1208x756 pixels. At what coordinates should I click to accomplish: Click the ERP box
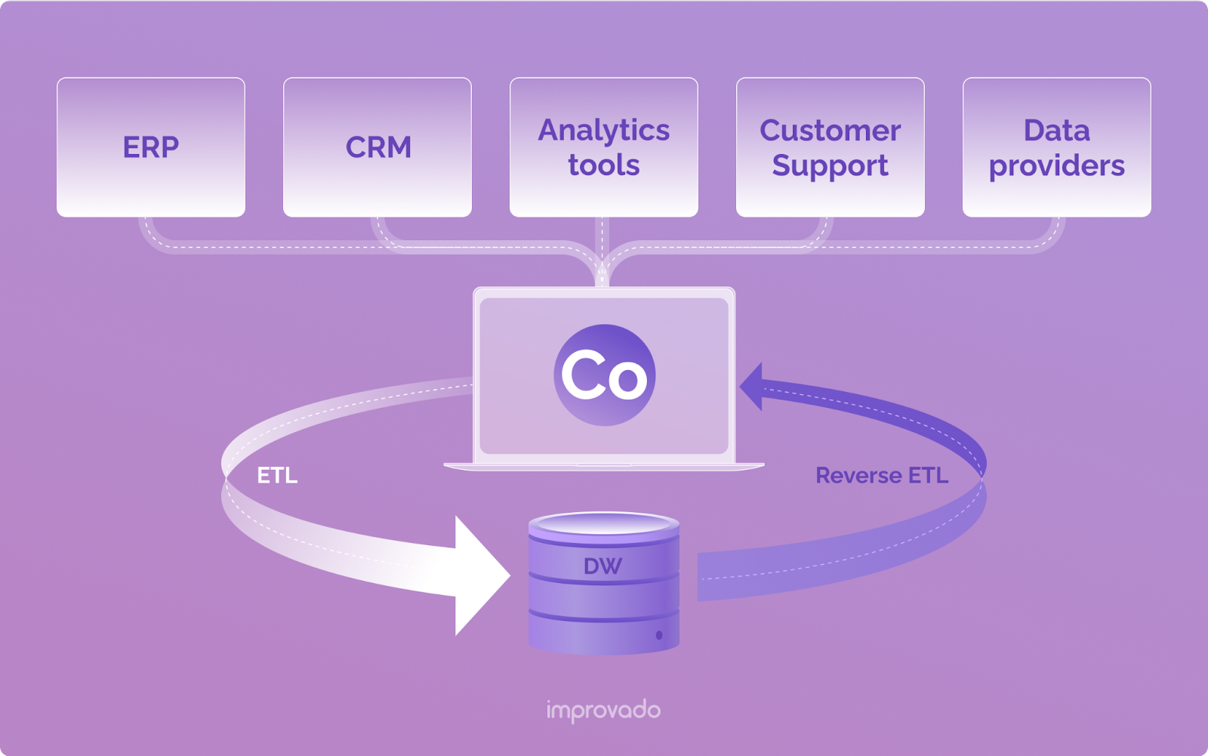coord(151,147)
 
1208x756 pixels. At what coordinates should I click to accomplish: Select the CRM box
coord(377,147)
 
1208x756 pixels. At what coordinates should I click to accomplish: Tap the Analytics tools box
coord(604,147)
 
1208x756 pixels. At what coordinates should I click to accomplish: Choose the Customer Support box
coord(830,147)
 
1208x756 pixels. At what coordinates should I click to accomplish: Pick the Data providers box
coord(1057,147)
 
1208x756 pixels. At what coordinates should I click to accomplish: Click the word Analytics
coord(604,131)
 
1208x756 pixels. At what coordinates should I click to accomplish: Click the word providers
coord(1057,166)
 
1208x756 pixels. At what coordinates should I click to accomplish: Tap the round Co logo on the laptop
coord(604,375)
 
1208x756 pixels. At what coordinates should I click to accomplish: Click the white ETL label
coord(277,476)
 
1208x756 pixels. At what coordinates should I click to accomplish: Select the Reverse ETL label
coord(882,476)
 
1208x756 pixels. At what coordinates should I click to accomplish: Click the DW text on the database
coord(602,566)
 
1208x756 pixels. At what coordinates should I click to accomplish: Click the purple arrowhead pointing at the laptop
coord(753,386)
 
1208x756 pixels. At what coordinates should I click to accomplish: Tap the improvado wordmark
coord(603,710)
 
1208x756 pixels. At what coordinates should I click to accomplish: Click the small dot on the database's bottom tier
coord(659,635)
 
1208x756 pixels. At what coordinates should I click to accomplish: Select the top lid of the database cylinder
coord(604,523)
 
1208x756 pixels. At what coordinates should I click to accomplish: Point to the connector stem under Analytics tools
coord(602,242)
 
